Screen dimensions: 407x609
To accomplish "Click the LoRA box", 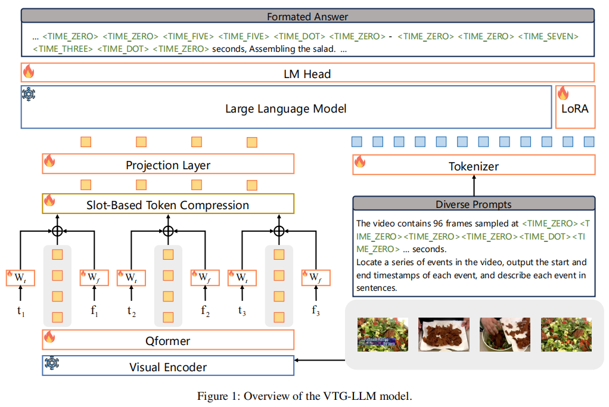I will [x=574, y=107].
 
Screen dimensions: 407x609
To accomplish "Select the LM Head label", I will [x=307, y=74].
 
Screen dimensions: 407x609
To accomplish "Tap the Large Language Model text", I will [x=285, y=108].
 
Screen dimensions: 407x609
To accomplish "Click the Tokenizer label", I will [x=474, y=166].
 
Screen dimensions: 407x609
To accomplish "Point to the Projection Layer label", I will [x=168, y=165].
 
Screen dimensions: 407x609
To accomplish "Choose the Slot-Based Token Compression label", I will [x=167, y=205].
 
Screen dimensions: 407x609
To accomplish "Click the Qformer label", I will [x=168, y=341].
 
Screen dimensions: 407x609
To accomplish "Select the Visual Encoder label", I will [x=168, y=366].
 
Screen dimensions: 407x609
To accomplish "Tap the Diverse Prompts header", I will [x=474, y=204].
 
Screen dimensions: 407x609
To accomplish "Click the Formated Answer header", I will [x=307, y=17].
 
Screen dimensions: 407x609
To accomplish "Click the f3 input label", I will [x=316, y=310].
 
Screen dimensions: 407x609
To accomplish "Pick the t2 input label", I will [x=132, y=310].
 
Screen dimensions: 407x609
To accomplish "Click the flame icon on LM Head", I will [x=29, y=72].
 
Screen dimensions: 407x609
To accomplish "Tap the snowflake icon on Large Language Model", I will [x=29, y=94].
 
